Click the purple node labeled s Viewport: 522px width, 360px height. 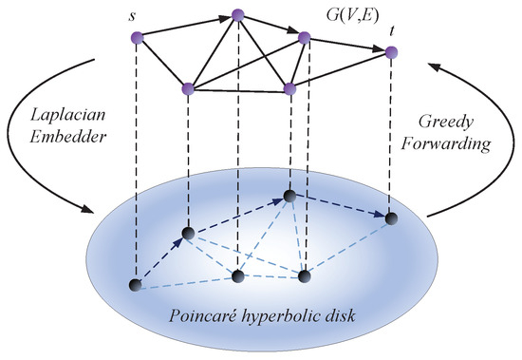click(137, 37)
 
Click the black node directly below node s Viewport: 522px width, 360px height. click(137, 284)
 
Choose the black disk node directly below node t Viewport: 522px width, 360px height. click(390, 218)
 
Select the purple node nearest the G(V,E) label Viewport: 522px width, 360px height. click(305, 38)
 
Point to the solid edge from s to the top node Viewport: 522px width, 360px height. click(187, 26)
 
